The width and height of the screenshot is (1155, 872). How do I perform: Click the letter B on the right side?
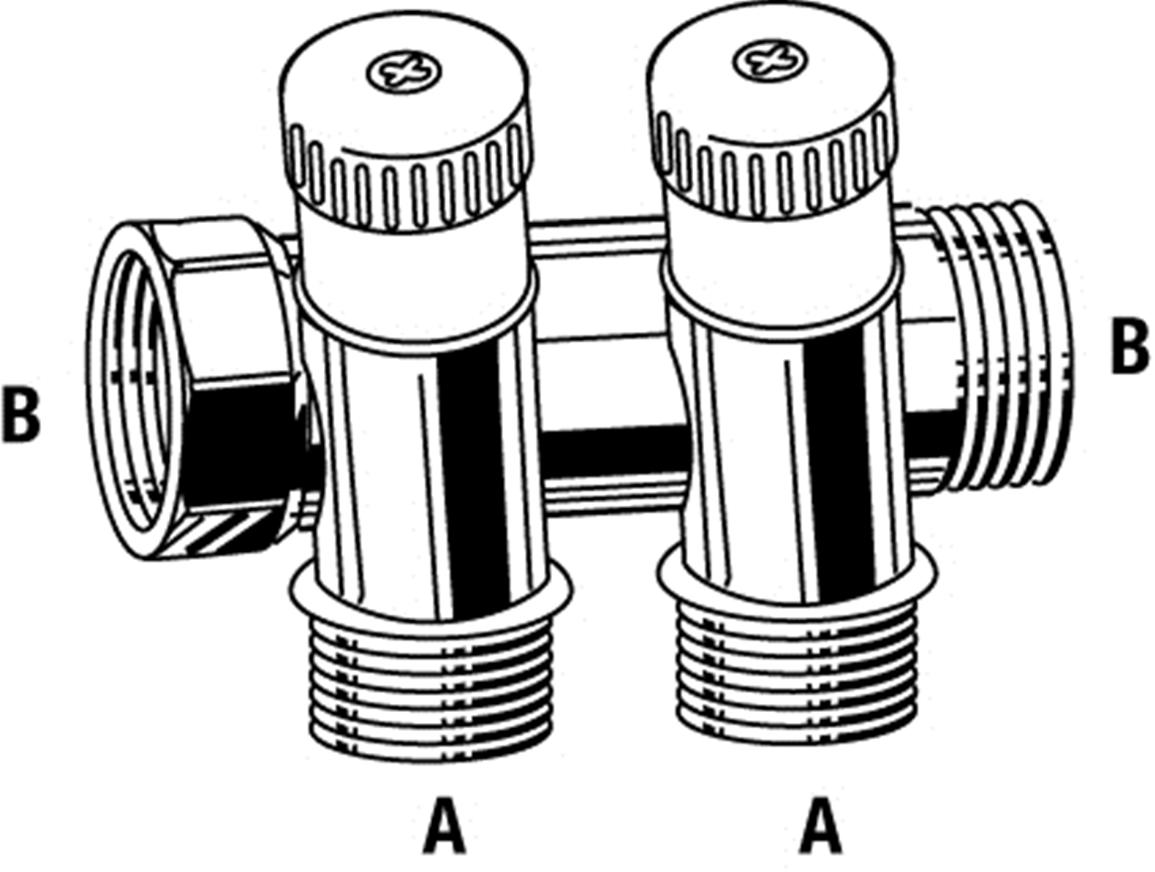point(1129,345)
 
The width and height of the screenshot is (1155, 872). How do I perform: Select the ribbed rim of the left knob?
point(408,184)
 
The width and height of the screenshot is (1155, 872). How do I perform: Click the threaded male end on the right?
point(1006,345)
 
